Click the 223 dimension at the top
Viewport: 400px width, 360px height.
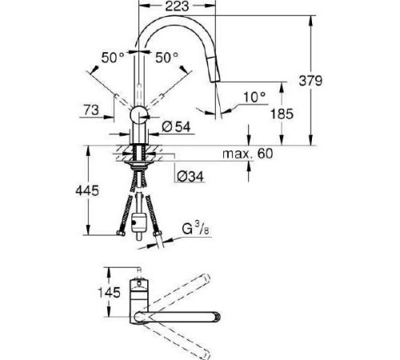(x=178, y=7)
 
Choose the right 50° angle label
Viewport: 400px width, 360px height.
(x=166, y=58)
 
